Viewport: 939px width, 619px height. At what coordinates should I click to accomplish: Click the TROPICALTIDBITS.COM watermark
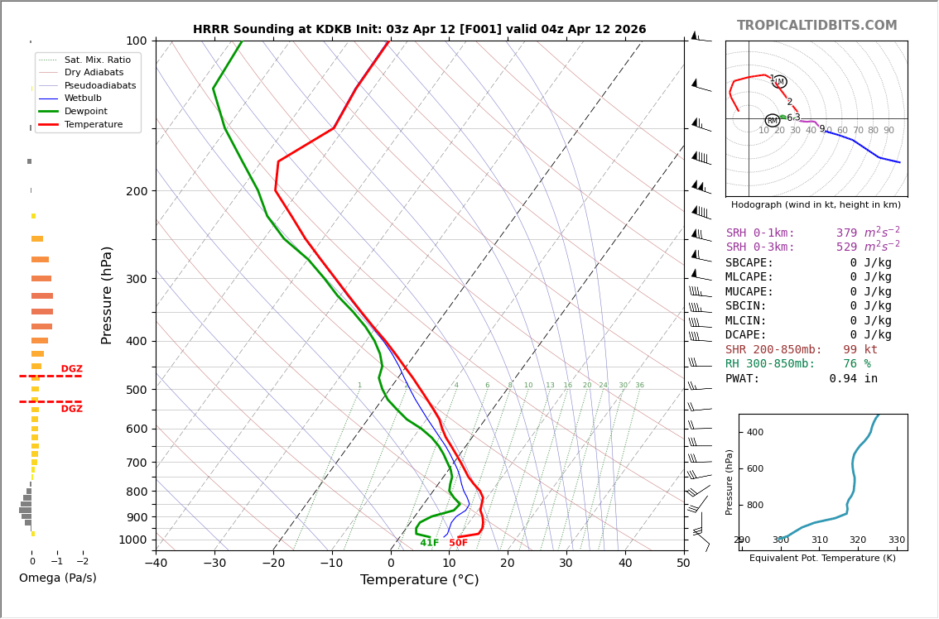click(816, 26)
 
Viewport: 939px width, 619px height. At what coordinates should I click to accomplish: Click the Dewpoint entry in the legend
click(87, 112)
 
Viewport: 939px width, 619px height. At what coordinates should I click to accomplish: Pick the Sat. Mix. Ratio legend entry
click(97, 60)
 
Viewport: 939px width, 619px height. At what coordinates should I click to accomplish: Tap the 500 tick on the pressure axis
click(136, 390)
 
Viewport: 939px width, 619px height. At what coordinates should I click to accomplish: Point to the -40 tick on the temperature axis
click(156, 564)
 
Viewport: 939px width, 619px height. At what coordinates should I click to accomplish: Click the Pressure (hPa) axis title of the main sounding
click(107, 295)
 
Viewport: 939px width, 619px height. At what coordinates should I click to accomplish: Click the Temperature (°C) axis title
click(419, 580)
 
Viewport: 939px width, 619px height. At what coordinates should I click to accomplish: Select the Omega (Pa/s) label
click(57, 578)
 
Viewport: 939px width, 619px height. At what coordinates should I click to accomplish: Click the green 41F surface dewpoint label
click(429, 543)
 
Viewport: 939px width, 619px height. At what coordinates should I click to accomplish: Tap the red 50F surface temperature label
click(458, 543)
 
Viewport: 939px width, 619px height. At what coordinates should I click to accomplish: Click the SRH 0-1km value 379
click(846, 233)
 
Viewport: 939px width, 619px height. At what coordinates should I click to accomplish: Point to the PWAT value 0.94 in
click(853, 378)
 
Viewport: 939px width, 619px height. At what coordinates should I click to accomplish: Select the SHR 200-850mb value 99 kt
click(860, 349)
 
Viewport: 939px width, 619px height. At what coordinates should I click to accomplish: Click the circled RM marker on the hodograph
click(773, 121)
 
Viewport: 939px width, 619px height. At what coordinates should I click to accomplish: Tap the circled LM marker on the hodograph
click(779, 82)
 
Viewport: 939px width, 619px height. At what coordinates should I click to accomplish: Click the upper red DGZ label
click(71, 369)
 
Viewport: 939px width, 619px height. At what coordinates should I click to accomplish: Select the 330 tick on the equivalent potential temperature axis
click(896, 540)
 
